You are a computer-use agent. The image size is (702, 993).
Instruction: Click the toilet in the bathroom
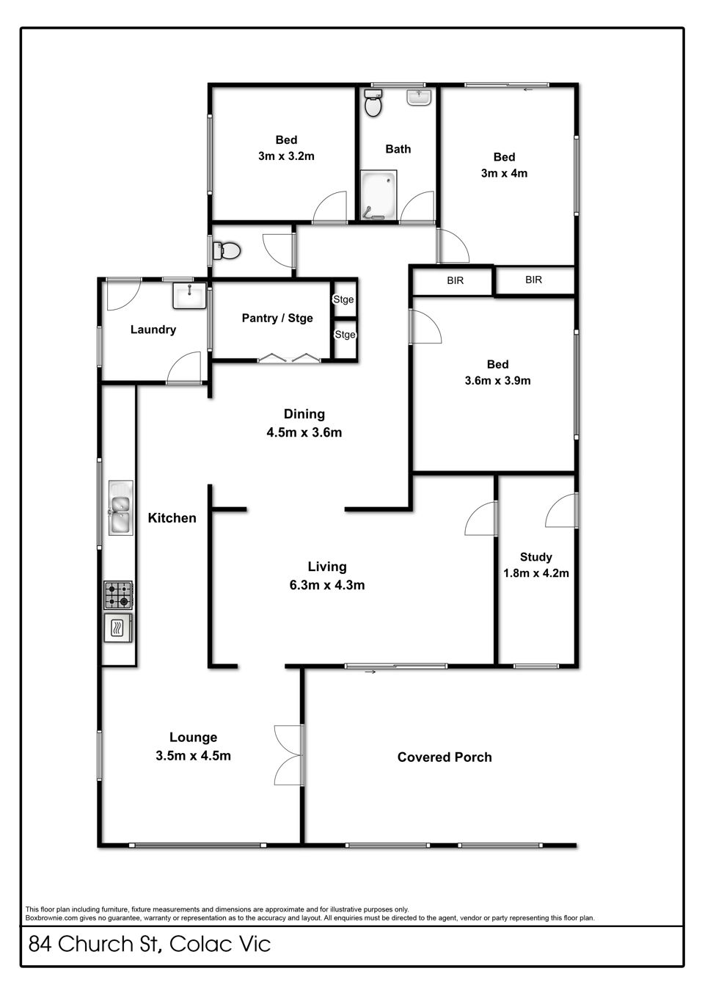pos(373,103)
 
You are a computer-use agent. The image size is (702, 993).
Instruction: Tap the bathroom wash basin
pos(419,97)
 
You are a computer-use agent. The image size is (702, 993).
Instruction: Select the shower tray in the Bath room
pos(378,194)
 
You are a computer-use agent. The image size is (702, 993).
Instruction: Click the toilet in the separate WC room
pos(227,251)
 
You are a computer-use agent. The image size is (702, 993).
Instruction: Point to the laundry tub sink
pos(189,296)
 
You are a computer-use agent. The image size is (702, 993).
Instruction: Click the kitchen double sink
pos(120,508)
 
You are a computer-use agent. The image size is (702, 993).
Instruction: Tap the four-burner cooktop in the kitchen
pos(118,595)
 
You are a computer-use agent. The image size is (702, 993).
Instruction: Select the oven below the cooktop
pos(118,628)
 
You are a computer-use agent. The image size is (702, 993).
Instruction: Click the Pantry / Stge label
pos(277,319)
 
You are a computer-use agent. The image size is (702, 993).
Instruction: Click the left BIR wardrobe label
pos(455,280)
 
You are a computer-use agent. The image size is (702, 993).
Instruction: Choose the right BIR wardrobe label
pos(533,280)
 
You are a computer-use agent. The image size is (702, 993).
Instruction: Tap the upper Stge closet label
pos(343,299)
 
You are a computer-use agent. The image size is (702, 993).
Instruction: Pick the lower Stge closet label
pos(345,335)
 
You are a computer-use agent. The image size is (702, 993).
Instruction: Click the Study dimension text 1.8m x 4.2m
pos(535,573)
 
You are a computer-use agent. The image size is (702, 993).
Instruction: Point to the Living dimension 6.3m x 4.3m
pos(327,585)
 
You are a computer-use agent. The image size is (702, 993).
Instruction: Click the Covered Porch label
pos(445,757)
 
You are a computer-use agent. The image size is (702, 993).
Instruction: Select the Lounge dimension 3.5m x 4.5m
pos(193,756)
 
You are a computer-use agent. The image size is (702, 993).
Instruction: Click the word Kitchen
pos(172,517)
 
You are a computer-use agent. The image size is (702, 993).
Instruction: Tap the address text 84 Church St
pos(93,945)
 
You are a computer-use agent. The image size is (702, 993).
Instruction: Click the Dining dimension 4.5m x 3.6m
pos(304,433)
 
